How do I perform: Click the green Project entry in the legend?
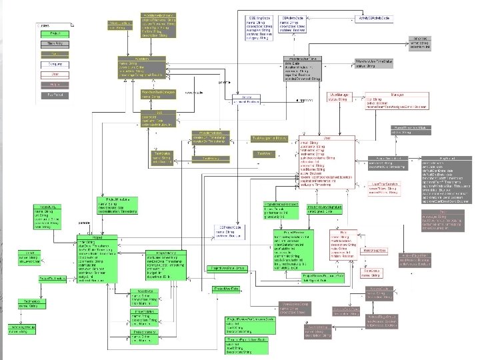(47, 33)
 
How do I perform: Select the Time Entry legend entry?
(47, 43)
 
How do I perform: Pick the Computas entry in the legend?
(47, 64)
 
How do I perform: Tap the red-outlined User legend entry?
(47, 75)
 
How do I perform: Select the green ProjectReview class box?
(296, 246)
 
